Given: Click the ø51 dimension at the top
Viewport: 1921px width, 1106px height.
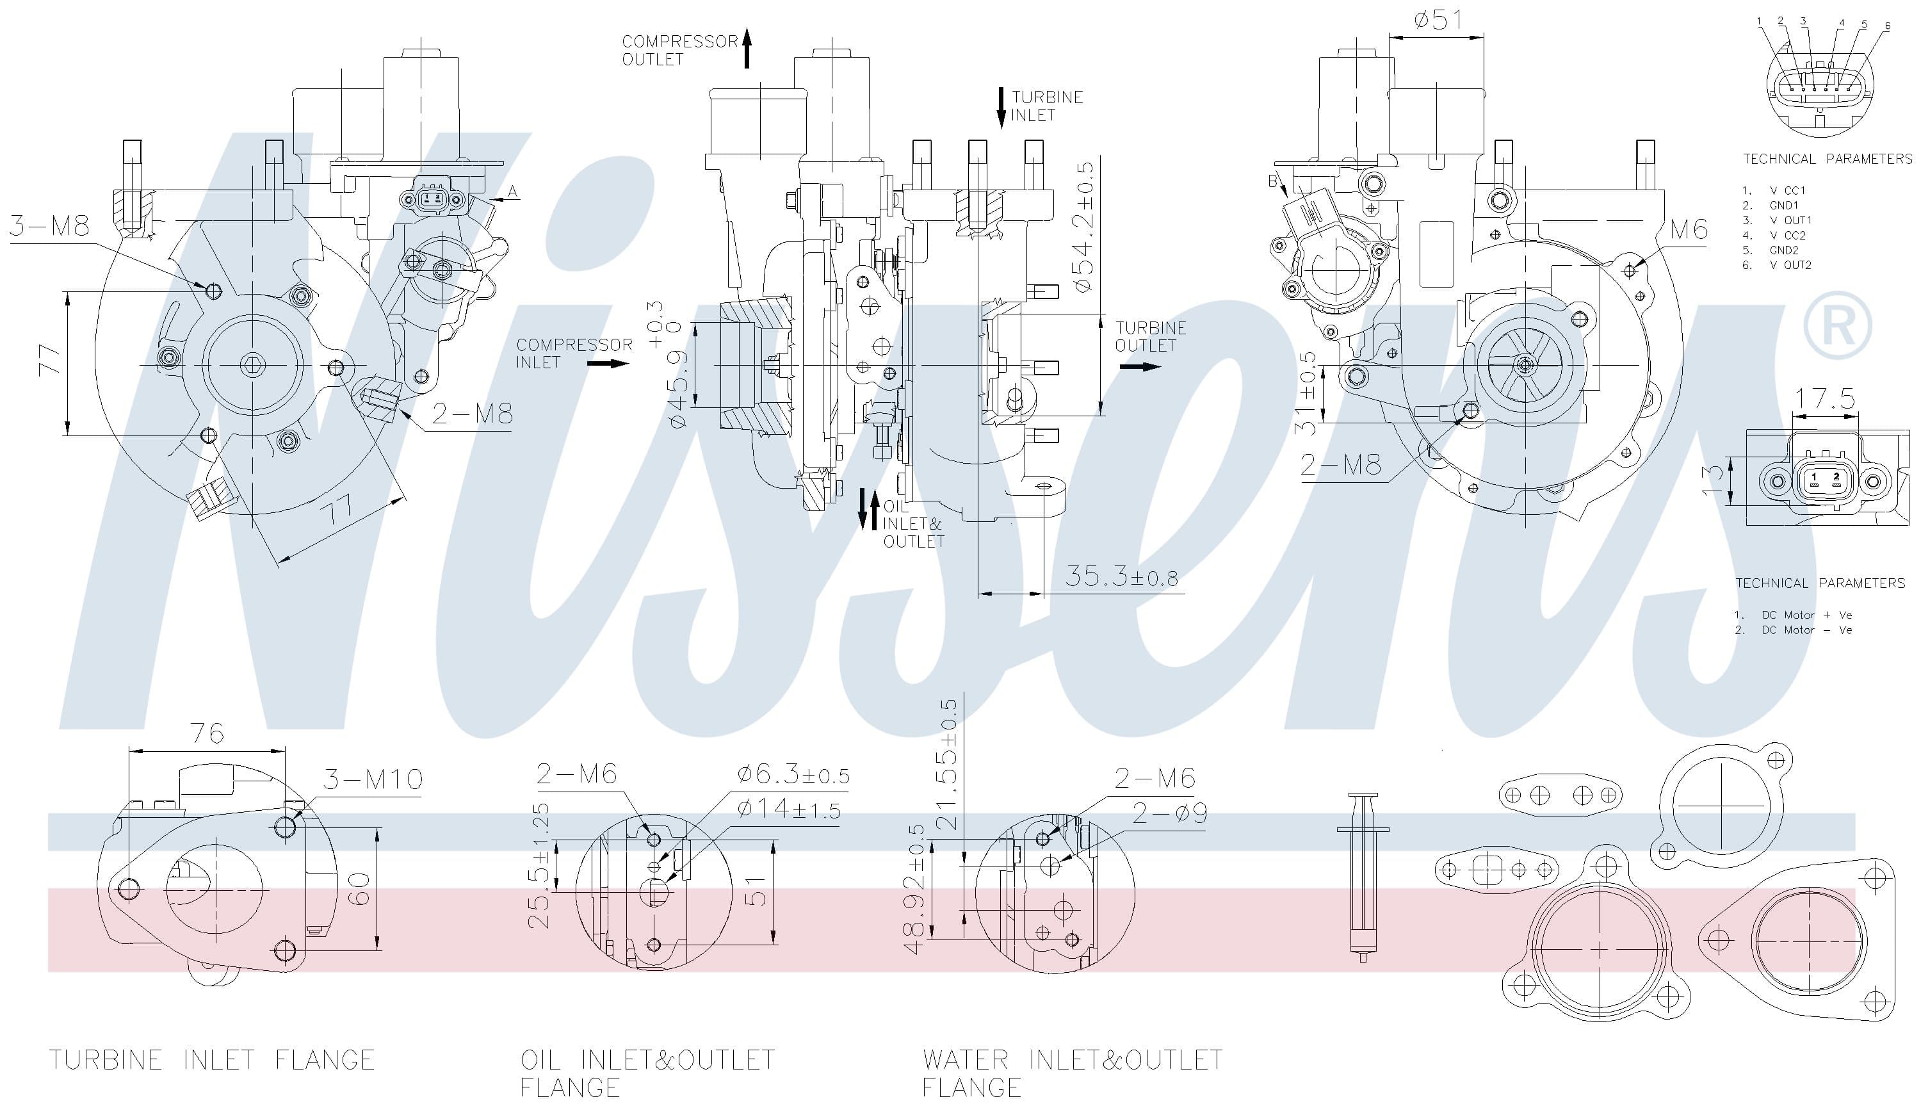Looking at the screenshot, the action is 1438,19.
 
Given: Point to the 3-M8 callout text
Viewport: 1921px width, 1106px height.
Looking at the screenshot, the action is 49,225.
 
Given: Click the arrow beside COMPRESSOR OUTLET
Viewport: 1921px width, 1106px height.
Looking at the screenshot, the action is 747,48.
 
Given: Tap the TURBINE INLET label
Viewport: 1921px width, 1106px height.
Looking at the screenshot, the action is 1047,106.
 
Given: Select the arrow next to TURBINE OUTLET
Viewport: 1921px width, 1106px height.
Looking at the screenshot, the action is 1140,367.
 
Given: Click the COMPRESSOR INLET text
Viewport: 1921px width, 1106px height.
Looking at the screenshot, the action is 574,354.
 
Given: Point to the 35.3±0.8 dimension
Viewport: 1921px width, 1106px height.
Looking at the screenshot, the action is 1121,576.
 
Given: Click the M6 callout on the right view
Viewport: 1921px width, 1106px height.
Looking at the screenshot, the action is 1688,229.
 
